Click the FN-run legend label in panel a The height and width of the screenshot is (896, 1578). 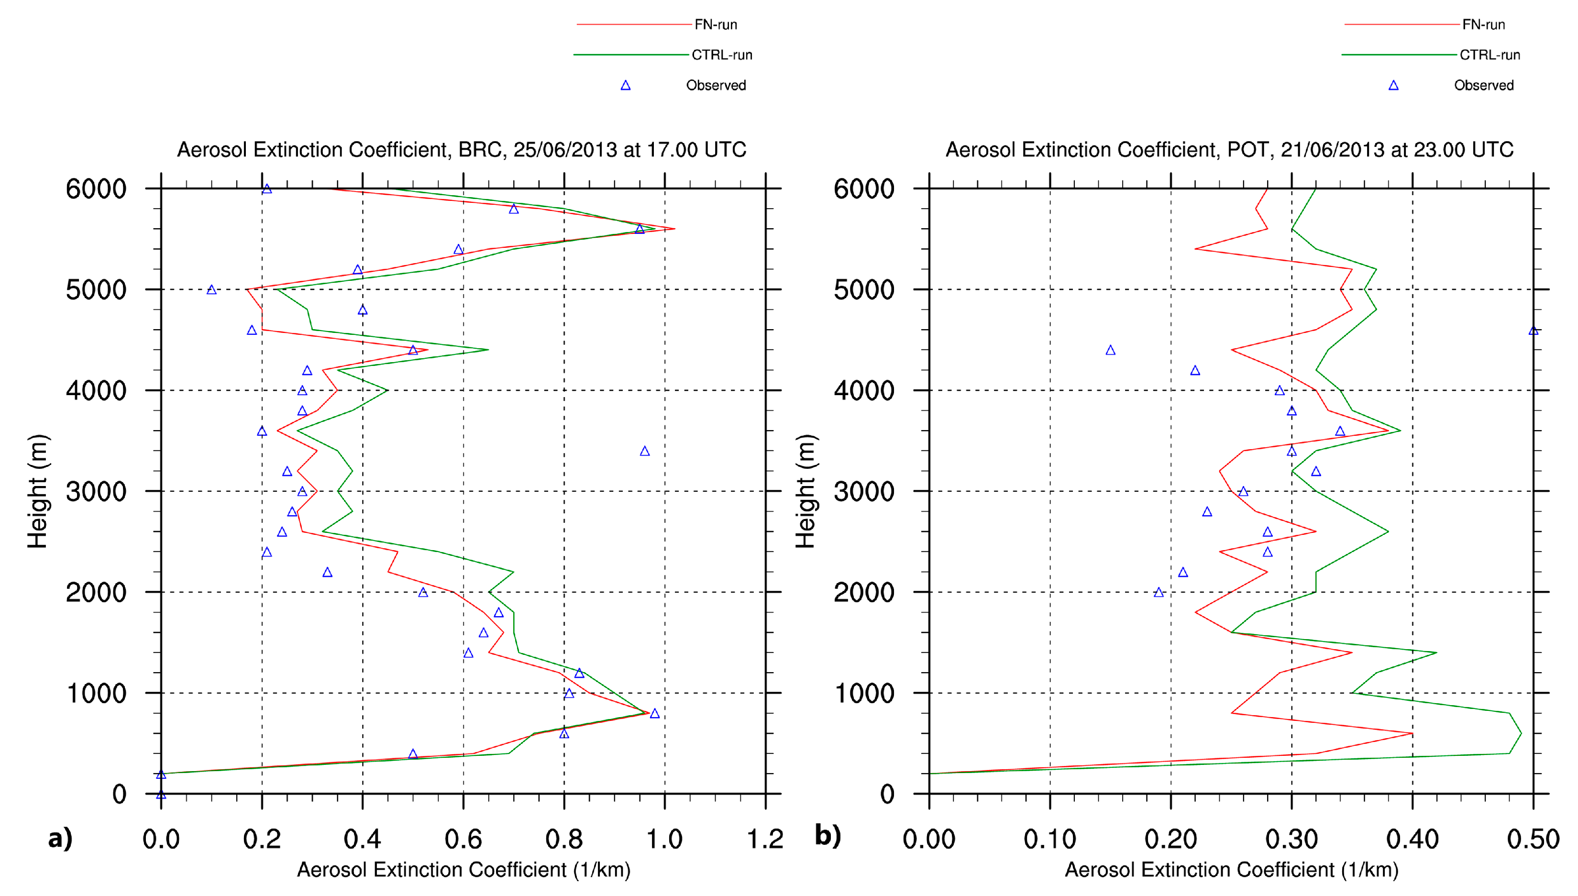[716, 24]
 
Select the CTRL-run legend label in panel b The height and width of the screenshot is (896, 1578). [1489, 55]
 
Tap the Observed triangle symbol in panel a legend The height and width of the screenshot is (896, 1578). [626, 86]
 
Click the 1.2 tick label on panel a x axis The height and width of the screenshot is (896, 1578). [765, 840]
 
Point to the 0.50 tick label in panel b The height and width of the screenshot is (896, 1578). [1533, 840]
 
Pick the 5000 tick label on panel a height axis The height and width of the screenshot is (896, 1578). [96, 290]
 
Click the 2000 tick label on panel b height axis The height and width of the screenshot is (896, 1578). [864, 593]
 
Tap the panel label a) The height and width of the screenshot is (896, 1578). [60, 838]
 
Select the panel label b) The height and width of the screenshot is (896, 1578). [828, 836]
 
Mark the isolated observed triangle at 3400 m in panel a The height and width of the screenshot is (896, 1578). [645, 452]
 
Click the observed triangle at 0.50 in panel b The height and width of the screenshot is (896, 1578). [1533, 331]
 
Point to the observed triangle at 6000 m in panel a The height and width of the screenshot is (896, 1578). [267, 189]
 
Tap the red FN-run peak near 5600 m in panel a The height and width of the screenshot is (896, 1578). [674, 229]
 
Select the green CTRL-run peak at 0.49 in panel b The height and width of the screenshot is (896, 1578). [1521, 733]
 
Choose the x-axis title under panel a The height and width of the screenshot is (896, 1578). [463, 870]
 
